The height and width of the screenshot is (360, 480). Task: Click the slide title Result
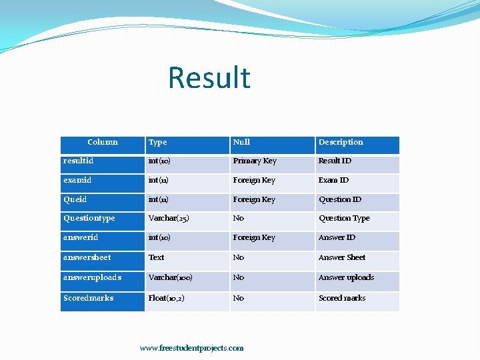(209, 77)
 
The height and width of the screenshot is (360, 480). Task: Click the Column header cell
(102, 142)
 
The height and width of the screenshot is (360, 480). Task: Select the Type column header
(158, 142)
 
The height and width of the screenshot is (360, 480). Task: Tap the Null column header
(241, 142)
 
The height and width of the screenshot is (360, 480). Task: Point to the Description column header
(341, 142)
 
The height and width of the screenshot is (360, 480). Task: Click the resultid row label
(79, 161)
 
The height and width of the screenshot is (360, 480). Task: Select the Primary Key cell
(255, 161)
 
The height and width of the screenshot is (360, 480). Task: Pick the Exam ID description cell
(333, 180)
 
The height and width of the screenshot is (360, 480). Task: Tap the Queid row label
(75, 199)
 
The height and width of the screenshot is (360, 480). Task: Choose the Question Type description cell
(344, 218)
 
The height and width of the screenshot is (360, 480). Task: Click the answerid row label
(81, 237)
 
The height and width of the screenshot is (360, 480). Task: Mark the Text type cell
(157, 257)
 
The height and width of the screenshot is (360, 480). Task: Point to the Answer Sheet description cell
(342, 257)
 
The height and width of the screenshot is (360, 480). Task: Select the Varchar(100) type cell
(171, 277)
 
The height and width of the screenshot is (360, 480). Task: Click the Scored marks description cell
(342, 298)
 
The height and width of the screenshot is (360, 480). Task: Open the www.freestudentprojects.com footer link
(192, 348)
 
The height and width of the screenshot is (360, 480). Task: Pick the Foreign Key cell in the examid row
(254, 180)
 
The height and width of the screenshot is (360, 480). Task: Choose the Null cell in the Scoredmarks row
(239, 298)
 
